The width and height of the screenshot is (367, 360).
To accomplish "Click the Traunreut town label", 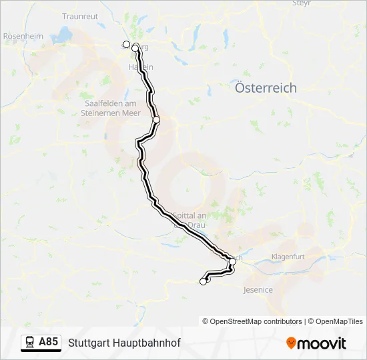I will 80,15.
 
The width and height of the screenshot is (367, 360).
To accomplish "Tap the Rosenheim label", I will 23,36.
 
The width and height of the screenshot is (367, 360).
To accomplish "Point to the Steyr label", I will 302,3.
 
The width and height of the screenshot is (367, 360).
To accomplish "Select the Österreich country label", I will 266,88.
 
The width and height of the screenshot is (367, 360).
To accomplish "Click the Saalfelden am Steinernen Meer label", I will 110,108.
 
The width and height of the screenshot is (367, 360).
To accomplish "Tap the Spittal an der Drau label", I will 189,221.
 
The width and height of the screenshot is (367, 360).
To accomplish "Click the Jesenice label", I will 258,290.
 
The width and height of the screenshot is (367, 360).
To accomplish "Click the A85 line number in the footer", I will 48,342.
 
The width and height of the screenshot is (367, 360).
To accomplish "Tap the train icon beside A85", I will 30,343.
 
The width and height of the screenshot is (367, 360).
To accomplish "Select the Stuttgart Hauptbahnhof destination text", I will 124,343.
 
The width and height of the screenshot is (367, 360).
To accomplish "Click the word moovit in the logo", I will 322,343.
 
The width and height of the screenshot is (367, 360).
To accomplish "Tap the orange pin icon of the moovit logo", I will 291,343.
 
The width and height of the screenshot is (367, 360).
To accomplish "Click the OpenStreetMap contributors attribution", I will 252,321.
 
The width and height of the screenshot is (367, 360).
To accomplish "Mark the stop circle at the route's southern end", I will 204,282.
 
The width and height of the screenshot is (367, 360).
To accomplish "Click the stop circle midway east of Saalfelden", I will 156,120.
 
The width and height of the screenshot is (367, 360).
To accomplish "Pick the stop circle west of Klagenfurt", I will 232,261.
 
